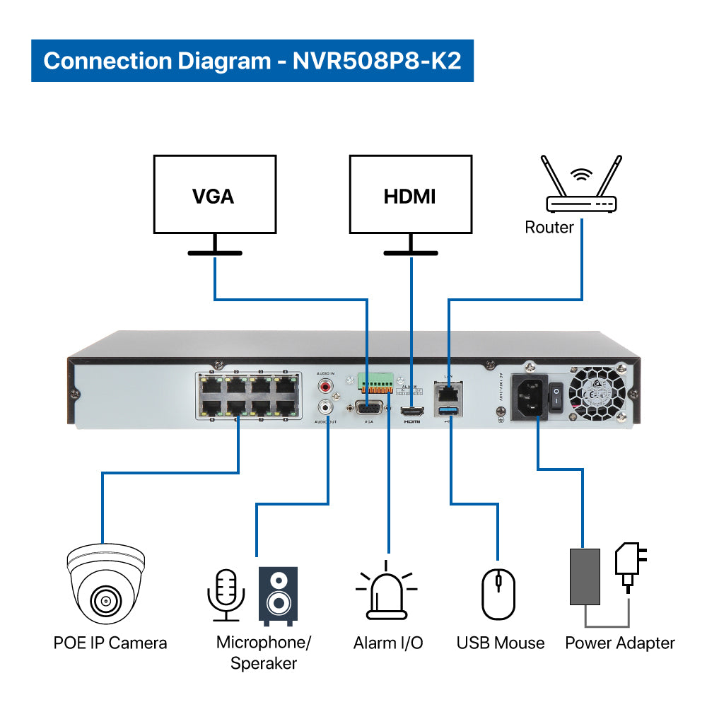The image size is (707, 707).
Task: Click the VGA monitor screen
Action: pos(214,195)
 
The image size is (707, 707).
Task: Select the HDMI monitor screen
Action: pos(410,195)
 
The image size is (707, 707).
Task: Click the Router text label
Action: pos(549,227)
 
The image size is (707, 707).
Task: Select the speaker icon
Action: pos(278,595)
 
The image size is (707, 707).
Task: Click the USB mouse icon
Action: pos(498,594)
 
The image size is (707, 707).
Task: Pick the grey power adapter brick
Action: pos(585,576)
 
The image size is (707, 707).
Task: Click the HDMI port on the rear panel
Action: pos(411,411)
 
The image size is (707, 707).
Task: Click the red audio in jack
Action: pos(327,387)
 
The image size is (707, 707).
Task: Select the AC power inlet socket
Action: pos(531,400)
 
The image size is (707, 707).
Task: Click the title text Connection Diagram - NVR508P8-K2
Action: pos(252,60)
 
